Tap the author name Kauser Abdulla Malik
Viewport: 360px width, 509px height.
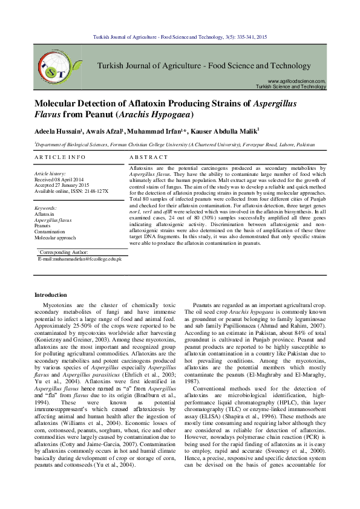(226, 131)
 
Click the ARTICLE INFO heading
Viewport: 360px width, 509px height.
(60, 157)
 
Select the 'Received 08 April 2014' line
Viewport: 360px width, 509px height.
(61, 180)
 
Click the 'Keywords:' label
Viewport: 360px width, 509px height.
(46, 208)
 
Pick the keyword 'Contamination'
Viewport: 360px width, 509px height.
(50, 232)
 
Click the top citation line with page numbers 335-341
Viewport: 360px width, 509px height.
(180, 37)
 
